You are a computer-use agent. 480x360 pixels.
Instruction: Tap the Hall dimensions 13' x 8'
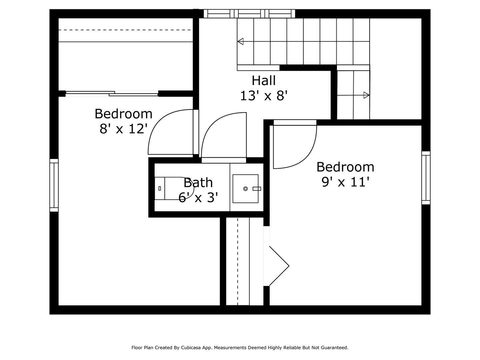pos(264,96)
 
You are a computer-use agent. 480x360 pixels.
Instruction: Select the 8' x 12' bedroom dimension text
pos(123,129)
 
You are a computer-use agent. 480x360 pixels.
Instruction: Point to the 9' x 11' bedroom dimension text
pos(345,182)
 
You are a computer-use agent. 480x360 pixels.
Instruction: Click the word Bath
pos(198,183)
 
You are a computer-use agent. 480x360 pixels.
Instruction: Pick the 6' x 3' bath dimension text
pos(198,197)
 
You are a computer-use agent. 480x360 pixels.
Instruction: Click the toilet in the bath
pos(174,188)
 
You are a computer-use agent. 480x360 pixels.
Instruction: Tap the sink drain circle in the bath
pos(245,189)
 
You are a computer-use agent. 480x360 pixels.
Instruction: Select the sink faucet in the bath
pos(257,189)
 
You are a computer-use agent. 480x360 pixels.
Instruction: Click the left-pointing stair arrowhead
pos(240,41)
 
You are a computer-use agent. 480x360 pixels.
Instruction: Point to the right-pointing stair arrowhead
pos(367,95)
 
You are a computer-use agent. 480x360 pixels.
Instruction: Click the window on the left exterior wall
pos(54,185)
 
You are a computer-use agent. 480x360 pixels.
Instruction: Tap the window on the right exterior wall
pos(426,178)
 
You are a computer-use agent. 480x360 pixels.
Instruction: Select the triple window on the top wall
pos(249,14)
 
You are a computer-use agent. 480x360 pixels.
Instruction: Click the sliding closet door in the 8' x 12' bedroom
pos(112,94)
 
